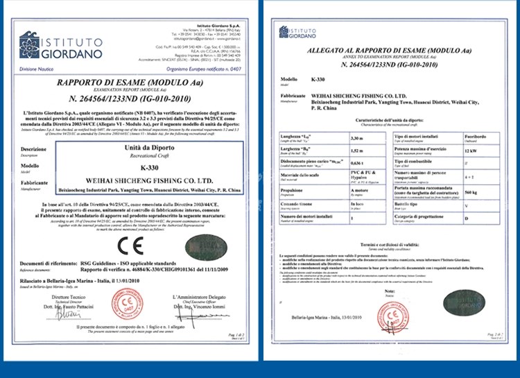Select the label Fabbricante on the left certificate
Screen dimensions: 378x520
33,182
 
